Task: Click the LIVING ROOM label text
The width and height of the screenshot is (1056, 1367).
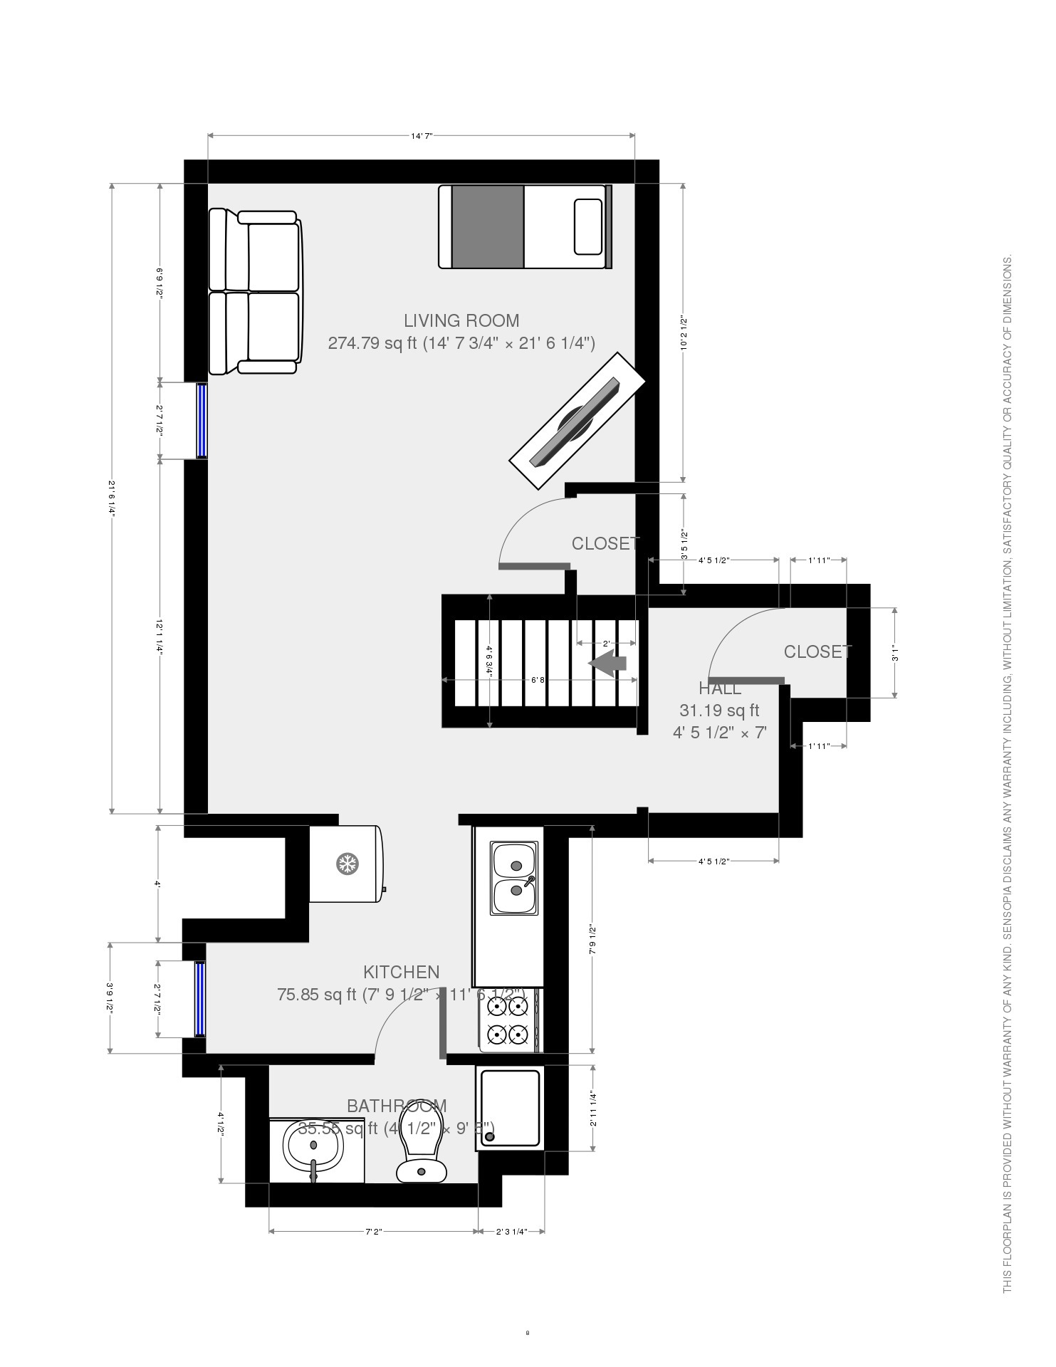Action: [x=461, y=320]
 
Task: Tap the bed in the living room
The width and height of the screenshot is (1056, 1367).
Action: [x=525, y=226]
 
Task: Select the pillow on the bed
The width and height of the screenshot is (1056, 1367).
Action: [x=588, y=226]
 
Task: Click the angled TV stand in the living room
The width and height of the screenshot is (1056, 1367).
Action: [x=577, y=421]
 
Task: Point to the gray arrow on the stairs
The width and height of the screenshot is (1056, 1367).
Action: [x=607, y=663]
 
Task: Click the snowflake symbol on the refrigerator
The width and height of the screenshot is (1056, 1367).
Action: [x=347, y=864]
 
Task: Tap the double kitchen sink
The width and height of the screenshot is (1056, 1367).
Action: [x=513, y=878]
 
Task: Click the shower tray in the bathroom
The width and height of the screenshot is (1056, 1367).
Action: [x=510, y=1109]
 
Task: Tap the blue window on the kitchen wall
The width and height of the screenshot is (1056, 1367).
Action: [x=200, y=998]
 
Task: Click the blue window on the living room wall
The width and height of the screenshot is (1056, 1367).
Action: [x=202, y=420]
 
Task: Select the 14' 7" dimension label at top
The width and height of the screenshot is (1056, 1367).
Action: [x=422, y=135]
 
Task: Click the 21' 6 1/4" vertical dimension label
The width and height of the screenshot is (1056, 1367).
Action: [x=112, y=498]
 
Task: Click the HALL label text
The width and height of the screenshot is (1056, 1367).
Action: [x=719, y=688]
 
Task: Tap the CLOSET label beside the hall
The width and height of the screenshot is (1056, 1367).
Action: [x=817, y=651]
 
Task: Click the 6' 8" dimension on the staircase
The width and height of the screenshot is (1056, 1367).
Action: [x=538, y=680]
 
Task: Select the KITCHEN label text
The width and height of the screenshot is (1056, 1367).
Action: [x=401, y=972]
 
